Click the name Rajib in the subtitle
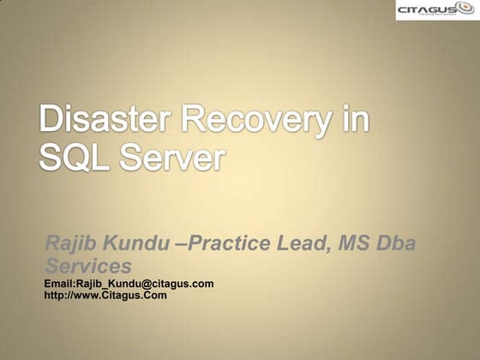click(x=68, y=244)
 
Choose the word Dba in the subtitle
click(x=399, y=244)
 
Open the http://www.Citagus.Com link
click(x=105, y=295)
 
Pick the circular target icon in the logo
click(x=462, y=9)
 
